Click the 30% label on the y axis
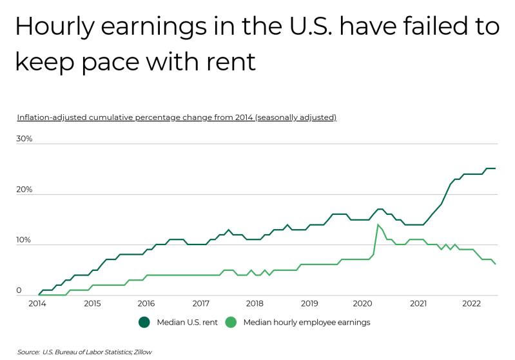[x=24, y=139]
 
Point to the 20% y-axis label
[x=24, y=189]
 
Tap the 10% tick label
[x=24, y=239]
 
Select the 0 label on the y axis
[x=19, y=290]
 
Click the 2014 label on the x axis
[x=37, y=303]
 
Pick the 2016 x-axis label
[x=146, y=303]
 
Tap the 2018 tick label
[x=255, y=303]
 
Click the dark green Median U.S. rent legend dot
[x=144, y=322]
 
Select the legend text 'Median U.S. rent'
[x=186, y=322]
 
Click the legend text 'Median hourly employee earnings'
[x=306, y=322]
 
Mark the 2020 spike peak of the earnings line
[x=378, y=225]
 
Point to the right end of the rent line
[x=494, y=168]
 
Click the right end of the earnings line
[x=494, y=264]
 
